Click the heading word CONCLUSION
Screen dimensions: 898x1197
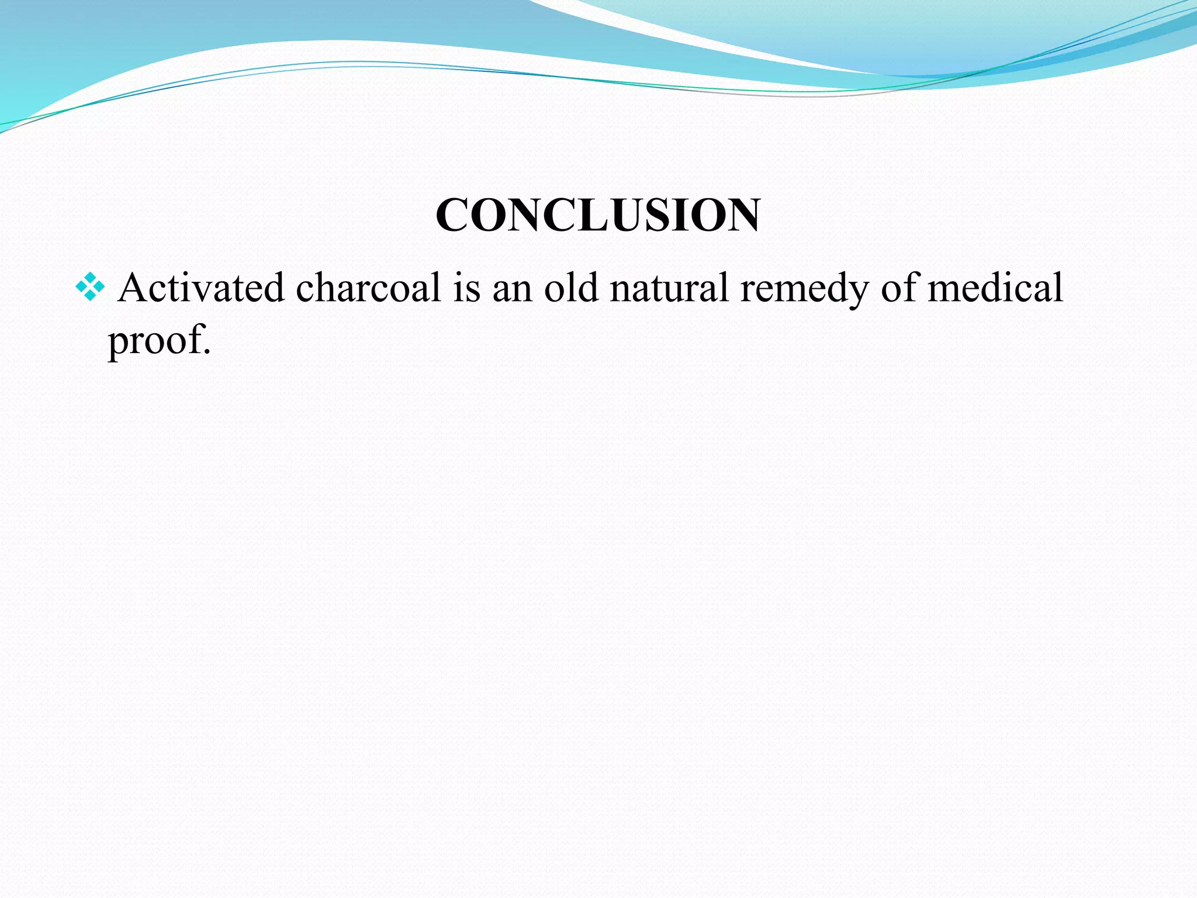click(598, 215)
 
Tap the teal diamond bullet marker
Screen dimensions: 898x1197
click(90, 287)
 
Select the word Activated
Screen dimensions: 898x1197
click(201, 288)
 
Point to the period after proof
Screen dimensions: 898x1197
click(206, 352)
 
